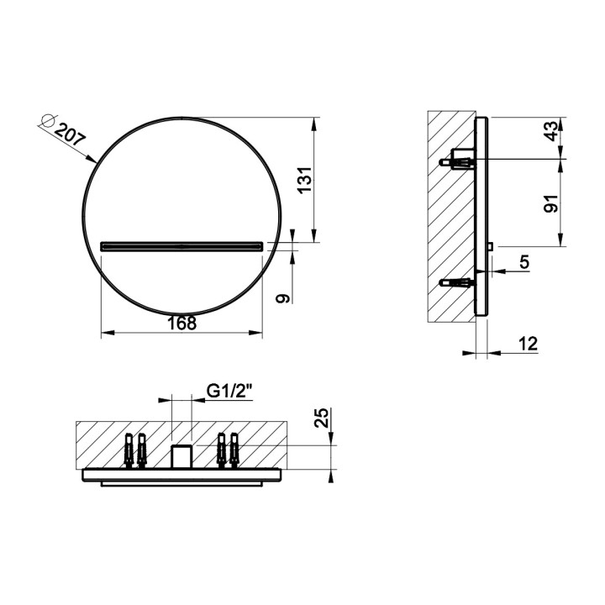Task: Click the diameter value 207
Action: (x=70, y=134)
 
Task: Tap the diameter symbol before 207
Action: (x=47, y=120)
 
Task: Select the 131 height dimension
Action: (x=305, y=180)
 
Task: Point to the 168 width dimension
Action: (x=181, y=324)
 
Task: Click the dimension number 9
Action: (x=283, y=297)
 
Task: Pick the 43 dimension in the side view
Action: (x=551, y=131)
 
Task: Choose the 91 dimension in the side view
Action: (x=551, y=203)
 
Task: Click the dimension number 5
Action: (x=524, y=262)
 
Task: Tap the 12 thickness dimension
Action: (x=528, y=344)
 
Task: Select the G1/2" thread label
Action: (x=229, y=392)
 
